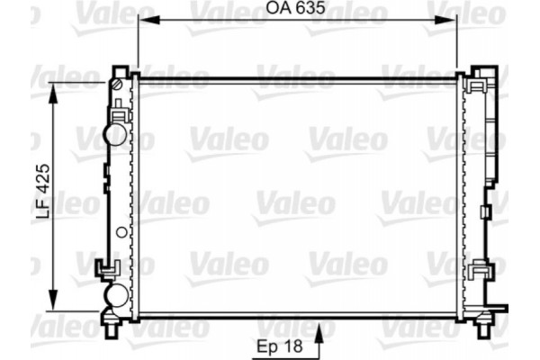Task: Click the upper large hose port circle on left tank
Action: (x=116, y=132)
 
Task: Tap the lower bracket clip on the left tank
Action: (x=109, y=267)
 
